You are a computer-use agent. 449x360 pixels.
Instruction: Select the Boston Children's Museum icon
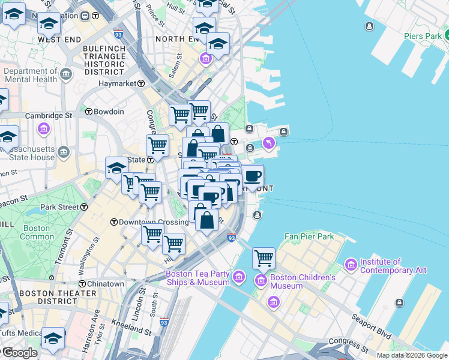click(x=261, y=280)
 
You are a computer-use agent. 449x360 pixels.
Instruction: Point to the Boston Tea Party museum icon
click(x=240, y=277)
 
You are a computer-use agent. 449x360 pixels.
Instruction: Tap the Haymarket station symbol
click(x=142, y=83)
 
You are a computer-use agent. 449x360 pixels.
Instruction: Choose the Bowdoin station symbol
click(x=88, y=112)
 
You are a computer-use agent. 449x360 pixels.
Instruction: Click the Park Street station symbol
click(x=84, y=207)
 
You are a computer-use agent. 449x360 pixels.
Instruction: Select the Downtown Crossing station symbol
click(x=113, y=222)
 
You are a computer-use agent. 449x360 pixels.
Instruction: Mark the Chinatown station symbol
click(x=82, y=283)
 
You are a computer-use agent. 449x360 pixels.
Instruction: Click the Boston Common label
click(x=37, y=232)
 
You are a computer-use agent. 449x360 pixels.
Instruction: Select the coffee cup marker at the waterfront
click(x=253, y=176)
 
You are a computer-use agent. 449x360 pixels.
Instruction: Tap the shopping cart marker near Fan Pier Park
click(x=264, y=258)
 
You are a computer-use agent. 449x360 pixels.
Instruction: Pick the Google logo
click(x=20, y=353)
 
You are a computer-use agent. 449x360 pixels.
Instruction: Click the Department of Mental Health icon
click(x=65, y=75)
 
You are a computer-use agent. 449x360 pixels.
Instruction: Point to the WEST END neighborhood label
click(x=59, y=40)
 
